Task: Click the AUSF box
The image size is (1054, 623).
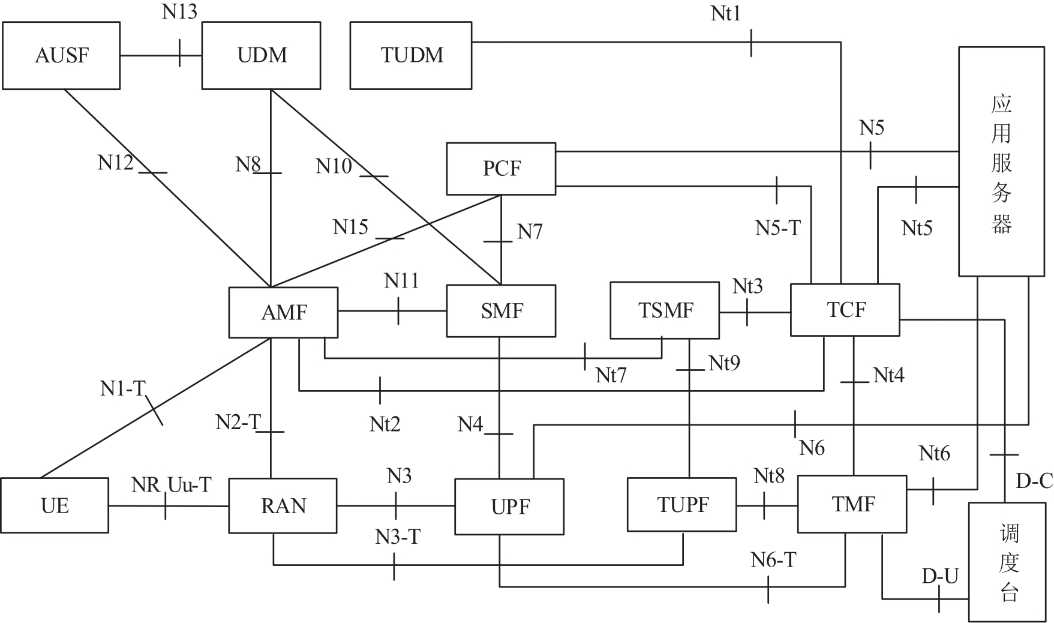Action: [61, 56]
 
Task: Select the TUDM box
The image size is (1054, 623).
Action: [411, 56]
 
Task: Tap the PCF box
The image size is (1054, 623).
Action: [501, 169]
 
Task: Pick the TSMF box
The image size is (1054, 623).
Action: [665, 311]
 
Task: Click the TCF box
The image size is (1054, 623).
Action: [845, 310]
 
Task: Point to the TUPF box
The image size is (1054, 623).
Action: [682, 505]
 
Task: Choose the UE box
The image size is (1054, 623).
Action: [55, 505]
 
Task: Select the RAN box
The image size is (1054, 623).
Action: [283, 505]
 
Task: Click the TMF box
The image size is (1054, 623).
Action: [852, 504]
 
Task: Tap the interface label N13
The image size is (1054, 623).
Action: [179, 12]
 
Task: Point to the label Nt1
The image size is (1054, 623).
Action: [726, 13]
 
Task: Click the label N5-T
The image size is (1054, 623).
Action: [777, 227]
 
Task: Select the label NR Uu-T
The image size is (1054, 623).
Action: [171, 485]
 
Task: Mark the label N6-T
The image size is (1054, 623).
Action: [773, 560]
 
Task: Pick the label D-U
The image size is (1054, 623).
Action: [940, 576]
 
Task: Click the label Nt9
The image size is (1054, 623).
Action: [724, 363]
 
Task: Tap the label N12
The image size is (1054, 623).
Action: [115, 163]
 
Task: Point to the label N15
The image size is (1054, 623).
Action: [350, 227]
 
